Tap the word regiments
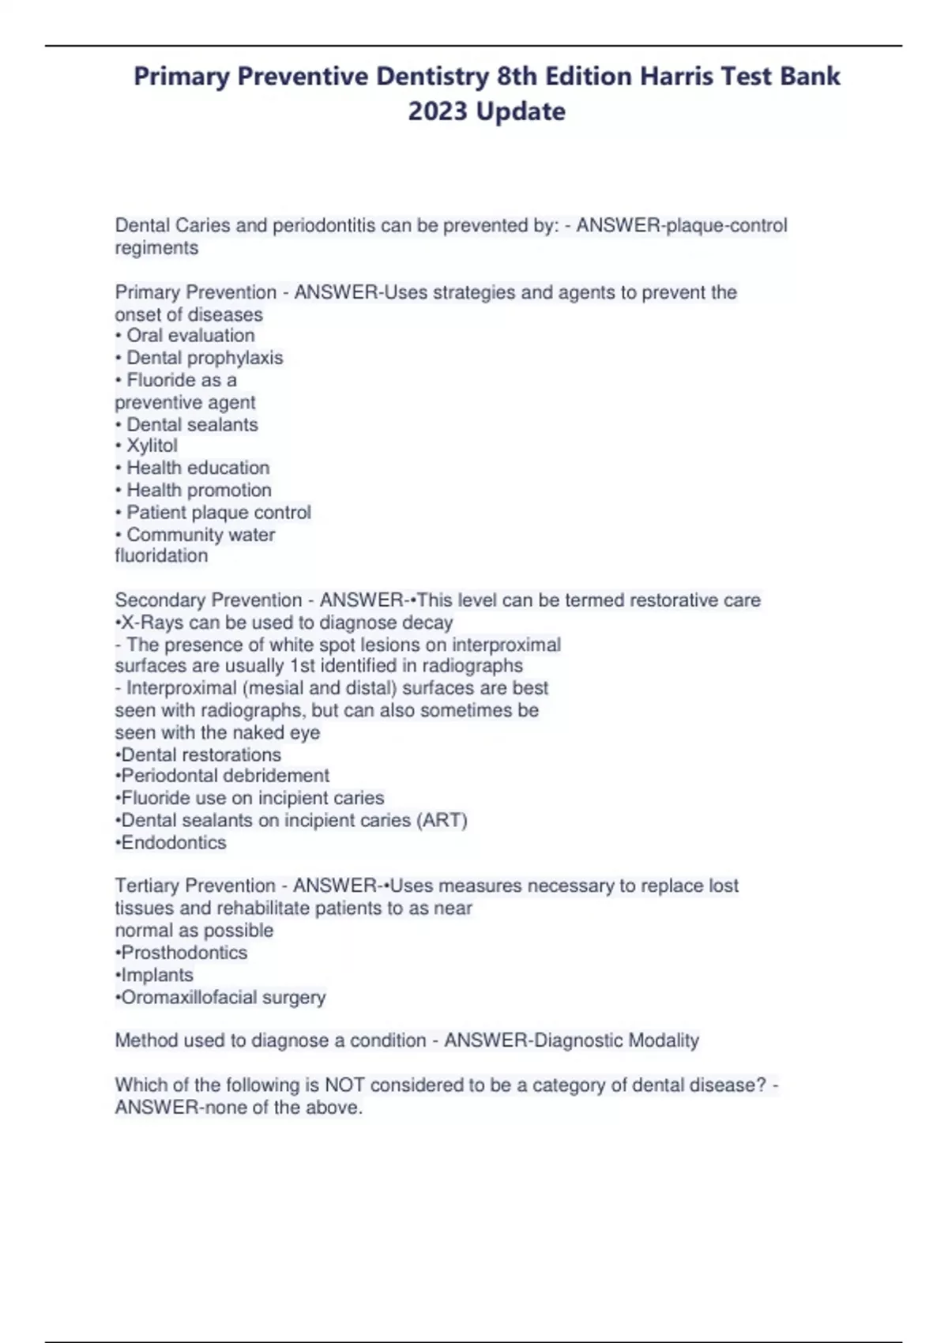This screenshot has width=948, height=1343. (156, 248)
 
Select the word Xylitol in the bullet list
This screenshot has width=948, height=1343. (152, 446)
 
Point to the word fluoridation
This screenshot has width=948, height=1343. (161, 556)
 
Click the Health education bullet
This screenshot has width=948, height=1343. (197, 468)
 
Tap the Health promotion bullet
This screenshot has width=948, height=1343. (198, 490)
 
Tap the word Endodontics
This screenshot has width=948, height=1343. (173, 843)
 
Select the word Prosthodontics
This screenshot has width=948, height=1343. (183, 953)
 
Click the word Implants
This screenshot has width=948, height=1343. (156, 975)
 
